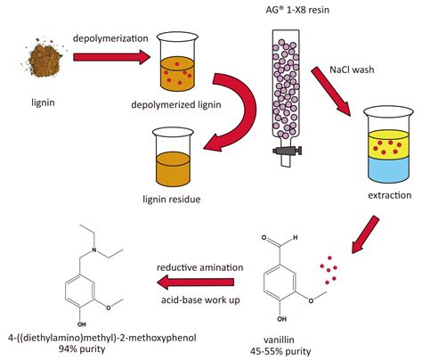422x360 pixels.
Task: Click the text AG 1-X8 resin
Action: [x=284, y=11]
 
